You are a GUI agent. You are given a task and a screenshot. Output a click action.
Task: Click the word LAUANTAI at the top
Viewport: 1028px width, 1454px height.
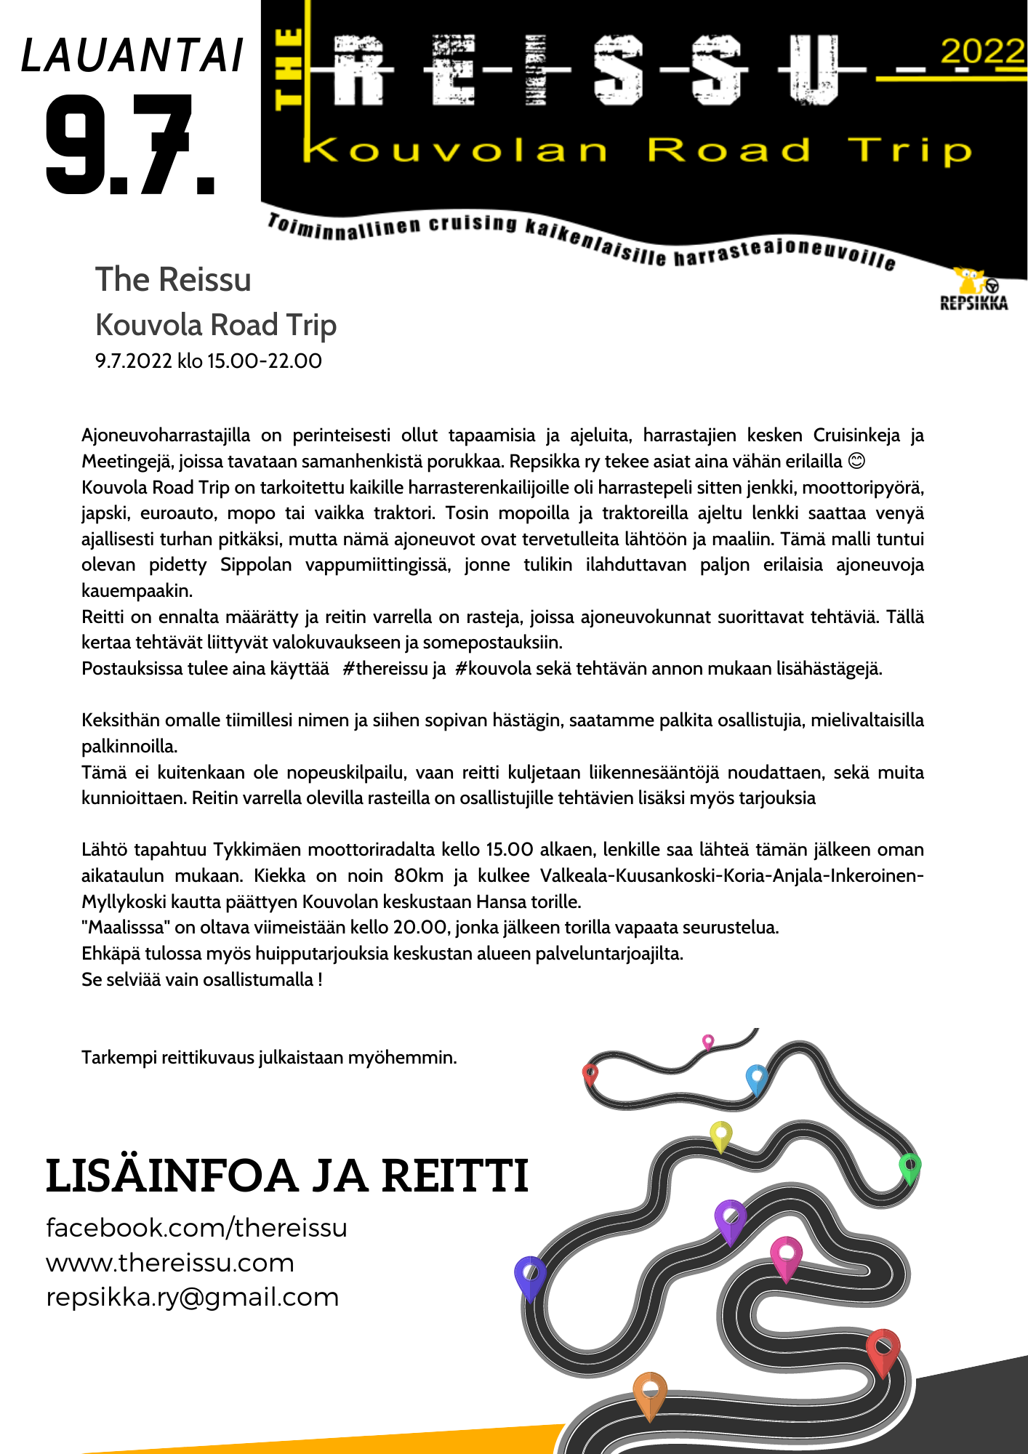132,56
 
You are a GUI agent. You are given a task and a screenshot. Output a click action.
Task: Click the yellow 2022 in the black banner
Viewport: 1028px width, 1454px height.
981,52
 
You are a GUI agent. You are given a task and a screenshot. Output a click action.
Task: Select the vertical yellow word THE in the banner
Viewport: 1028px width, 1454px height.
289,69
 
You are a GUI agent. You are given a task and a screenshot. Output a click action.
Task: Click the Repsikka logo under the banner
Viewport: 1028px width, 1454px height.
973,289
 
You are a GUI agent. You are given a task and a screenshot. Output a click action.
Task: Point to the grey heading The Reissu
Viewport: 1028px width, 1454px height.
173,279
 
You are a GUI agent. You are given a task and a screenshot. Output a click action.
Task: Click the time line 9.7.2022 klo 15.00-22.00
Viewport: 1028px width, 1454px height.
209,361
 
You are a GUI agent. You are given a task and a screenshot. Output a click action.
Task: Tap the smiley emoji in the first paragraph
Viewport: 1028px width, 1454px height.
857,462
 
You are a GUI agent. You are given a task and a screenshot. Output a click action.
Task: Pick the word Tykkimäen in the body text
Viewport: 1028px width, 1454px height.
257,850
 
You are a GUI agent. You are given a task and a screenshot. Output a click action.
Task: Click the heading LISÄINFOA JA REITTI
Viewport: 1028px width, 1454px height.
286,1176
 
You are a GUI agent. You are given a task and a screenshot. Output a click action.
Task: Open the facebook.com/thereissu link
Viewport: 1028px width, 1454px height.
196,1228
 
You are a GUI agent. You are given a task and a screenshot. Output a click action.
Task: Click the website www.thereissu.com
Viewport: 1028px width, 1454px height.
170,1263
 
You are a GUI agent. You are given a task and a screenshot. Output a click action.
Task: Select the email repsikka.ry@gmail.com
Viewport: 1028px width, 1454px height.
193,1297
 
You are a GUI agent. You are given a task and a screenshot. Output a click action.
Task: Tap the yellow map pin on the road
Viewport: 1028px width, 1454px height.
720,1135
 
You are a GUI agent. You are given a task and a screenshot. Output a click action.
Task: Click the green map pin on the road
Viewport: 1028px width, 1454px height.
909,1167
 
